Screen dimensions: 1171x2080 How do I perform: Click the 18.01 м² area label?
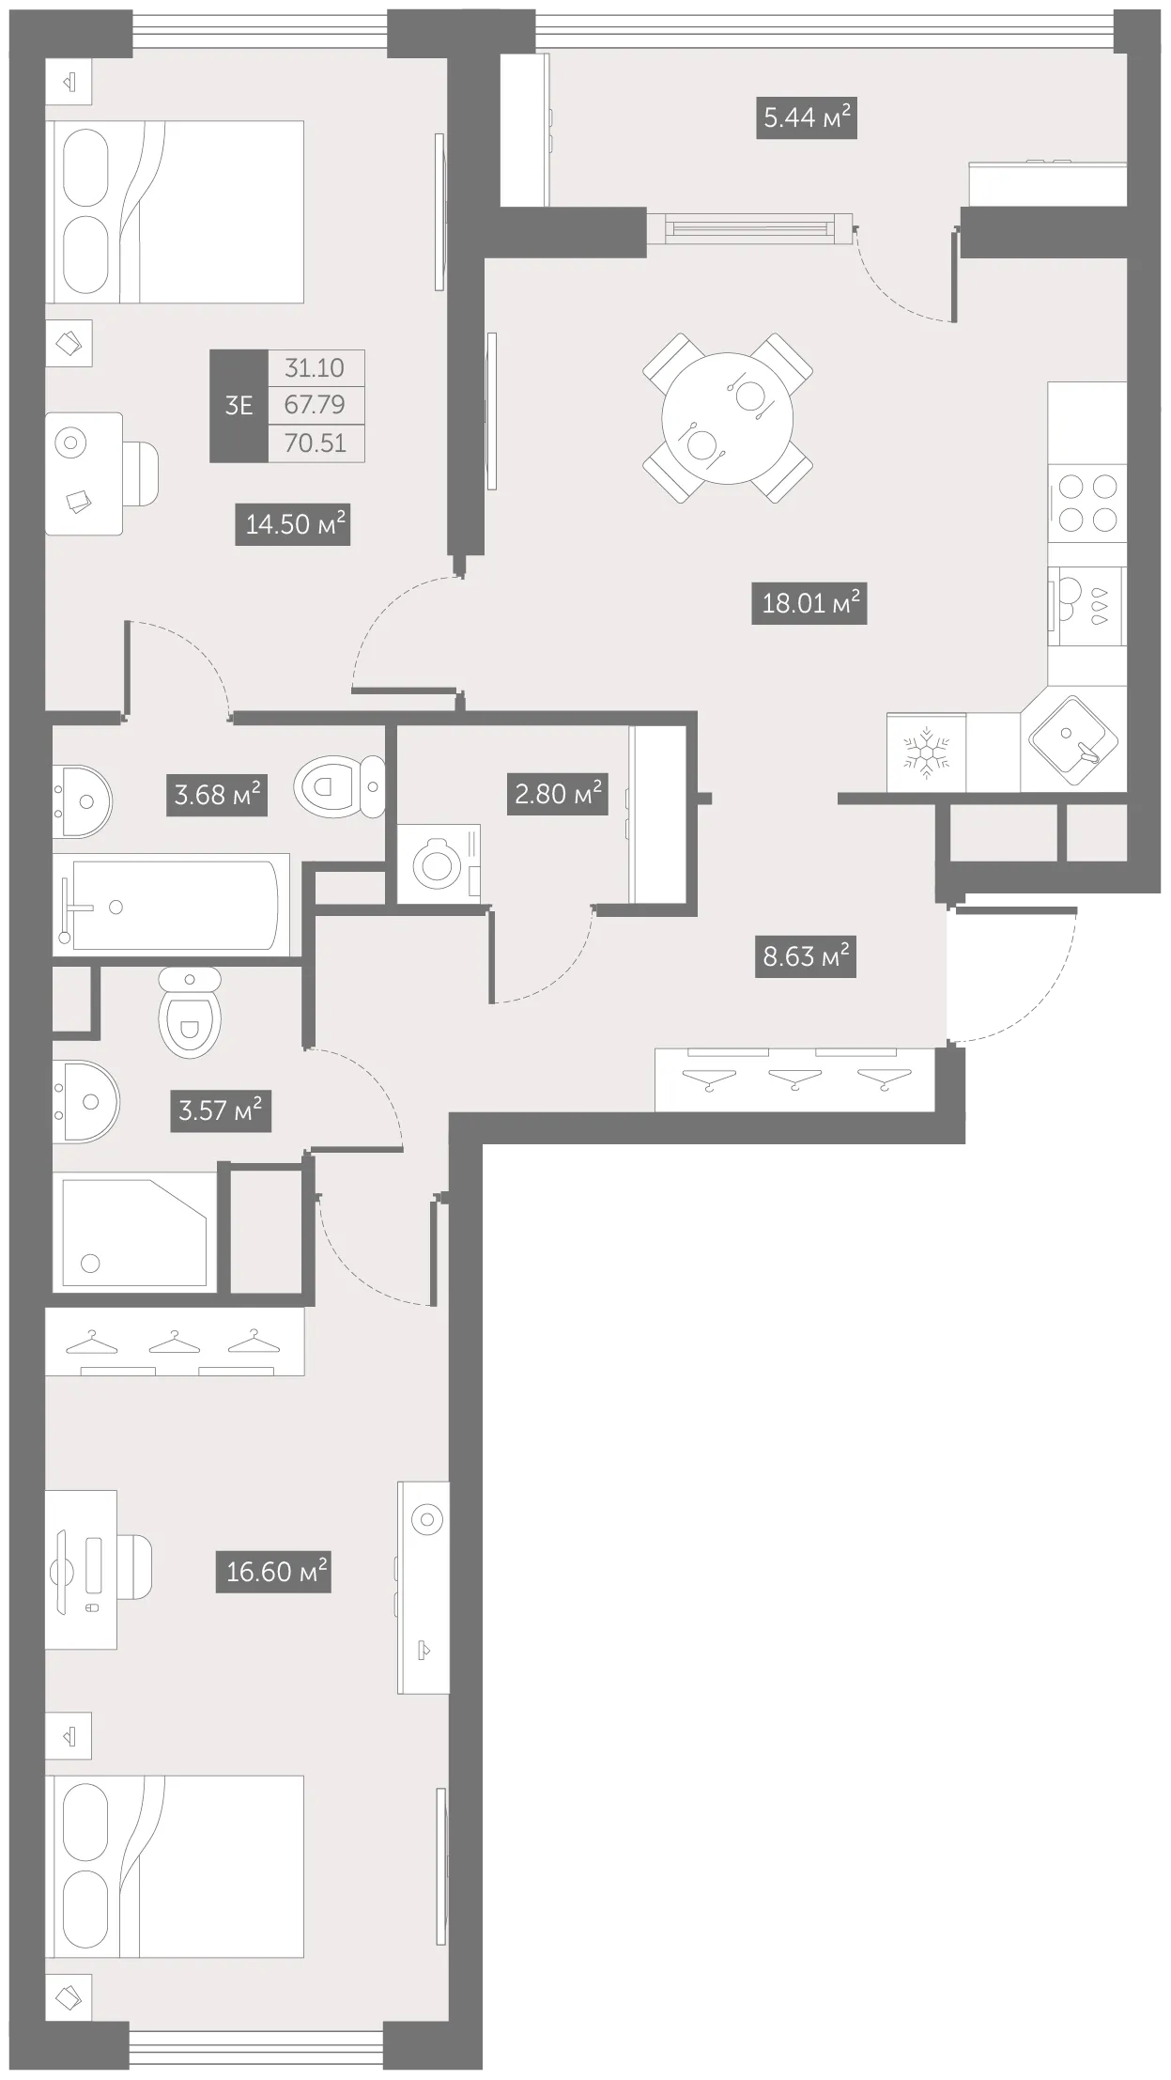coord(809,603)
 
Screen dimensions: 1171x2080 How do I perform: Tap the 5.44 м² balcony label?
coord(807,118)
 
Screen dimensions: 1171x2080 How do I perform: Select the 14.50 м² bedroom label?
coord(292,524)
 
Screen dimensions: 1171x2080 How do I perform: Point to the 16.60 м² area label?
coord(277,1571)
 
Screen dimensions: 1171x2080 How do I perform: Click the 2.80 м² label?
coord(558,794)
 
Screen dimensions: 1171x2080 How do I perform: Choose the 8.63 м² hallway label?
coord(806,957)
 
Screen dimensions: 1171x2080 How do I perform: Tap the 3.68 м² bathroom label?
coord(217,796)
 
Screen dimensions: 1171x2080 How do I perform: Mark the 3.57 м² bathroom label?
coord(221,1110)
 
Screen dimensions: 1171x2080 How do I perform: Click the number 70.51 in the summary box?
coord(316,442)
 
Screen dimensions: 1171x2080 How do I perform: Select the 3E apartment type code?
coord(239,406)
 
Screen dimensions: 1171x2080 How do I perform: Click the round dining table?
coord(728,418)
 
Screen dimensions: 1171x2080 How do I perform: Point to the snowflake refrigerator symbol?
coord(927,752)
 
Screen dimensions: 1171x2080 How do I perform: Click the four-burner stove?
coord(1086,504)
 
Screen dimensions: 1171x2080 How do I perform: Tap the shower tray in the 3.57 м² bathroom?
coord(135,1232)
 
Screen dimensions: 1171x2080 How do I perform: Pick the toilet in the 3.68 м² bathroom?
coord(340,785)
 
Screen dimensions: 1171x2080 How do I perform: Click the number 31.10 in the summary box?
coord(316,368)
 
